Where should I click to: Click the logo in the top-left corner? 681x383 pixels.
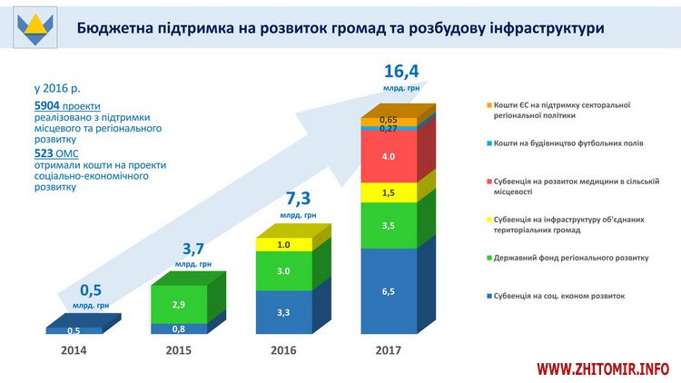click(x=34, y=30)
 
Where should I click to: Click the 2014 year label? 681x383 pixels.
click(x=74, y=349)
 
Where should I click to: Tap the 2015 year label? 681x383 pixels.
click(x=179, y=349)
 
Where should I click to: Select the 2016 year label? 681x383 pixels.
click(x=284, y=349)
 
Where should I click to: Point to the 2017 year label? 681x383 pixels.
click(x=390, y=349)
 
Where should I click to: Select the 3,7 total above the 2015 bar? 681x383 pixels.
click(x=192, y=249)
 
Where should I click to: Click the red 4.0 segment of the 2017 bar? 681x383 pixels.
click(x=389, y=157)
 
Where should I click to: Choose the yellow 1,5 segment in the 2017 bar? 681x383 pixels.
click(x=389, y=193)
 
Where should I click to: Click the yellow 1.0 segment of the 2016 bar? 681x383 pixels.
click(x=283, y=244)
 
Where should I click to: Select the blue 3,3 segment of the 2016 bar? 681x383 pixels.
click(x=283, y=312)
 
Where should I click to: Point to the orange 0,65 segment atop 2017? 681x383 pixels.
click(x=389, y=121)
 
